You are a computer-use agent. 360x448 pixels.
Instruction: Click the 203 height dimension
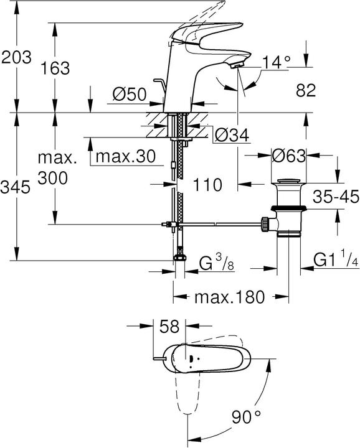coord(16,58)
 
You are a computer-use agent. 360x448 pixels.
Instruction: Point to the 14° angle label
coord(276,62)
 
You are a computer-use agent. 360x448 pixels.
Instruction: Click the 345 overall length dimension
coord(16,187)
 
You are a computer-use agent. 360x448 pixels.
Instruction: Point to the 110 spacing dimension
coord(207,184)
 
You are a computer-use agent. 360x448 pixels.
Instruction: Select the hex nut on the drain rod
coord(266,223)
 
